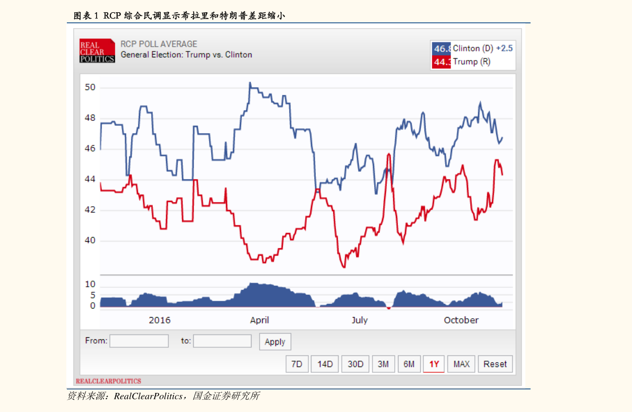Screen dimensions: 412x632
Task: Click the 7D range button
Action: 297,364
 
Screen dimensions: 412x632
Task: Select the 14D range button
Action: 325,364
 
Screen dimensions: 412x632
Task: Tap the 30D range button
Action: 356,364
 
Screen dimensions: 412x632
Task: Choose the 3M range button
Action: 383,364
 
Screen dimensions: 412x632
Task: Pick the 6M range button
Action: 409,364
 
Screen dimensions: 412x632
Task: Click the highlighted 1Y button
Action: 434,364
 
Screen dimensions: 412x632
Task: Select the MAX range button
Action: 461,364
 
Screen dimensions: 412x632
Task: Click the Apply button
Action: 275,342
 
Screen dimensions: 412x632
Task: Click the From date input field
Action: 139,341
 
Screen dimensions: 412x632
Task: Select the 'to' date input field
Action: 222,341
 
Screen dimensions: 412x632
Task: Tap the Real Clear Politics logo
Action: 97,51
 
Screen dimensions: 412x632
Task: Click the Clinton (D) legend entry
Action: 473,48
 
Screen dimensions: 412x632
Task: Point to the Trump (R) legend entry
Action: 471,62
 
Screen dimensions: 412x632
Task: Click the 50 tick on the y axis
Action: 90,87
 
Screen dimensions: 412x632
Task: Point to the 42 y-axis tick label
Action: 90,210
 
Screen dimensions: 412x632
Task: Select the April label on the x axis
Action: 259,320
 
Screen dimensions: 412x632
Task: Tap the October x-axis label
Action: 461,320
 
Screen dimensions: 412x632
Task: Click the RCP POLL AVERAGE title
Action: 159,44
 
